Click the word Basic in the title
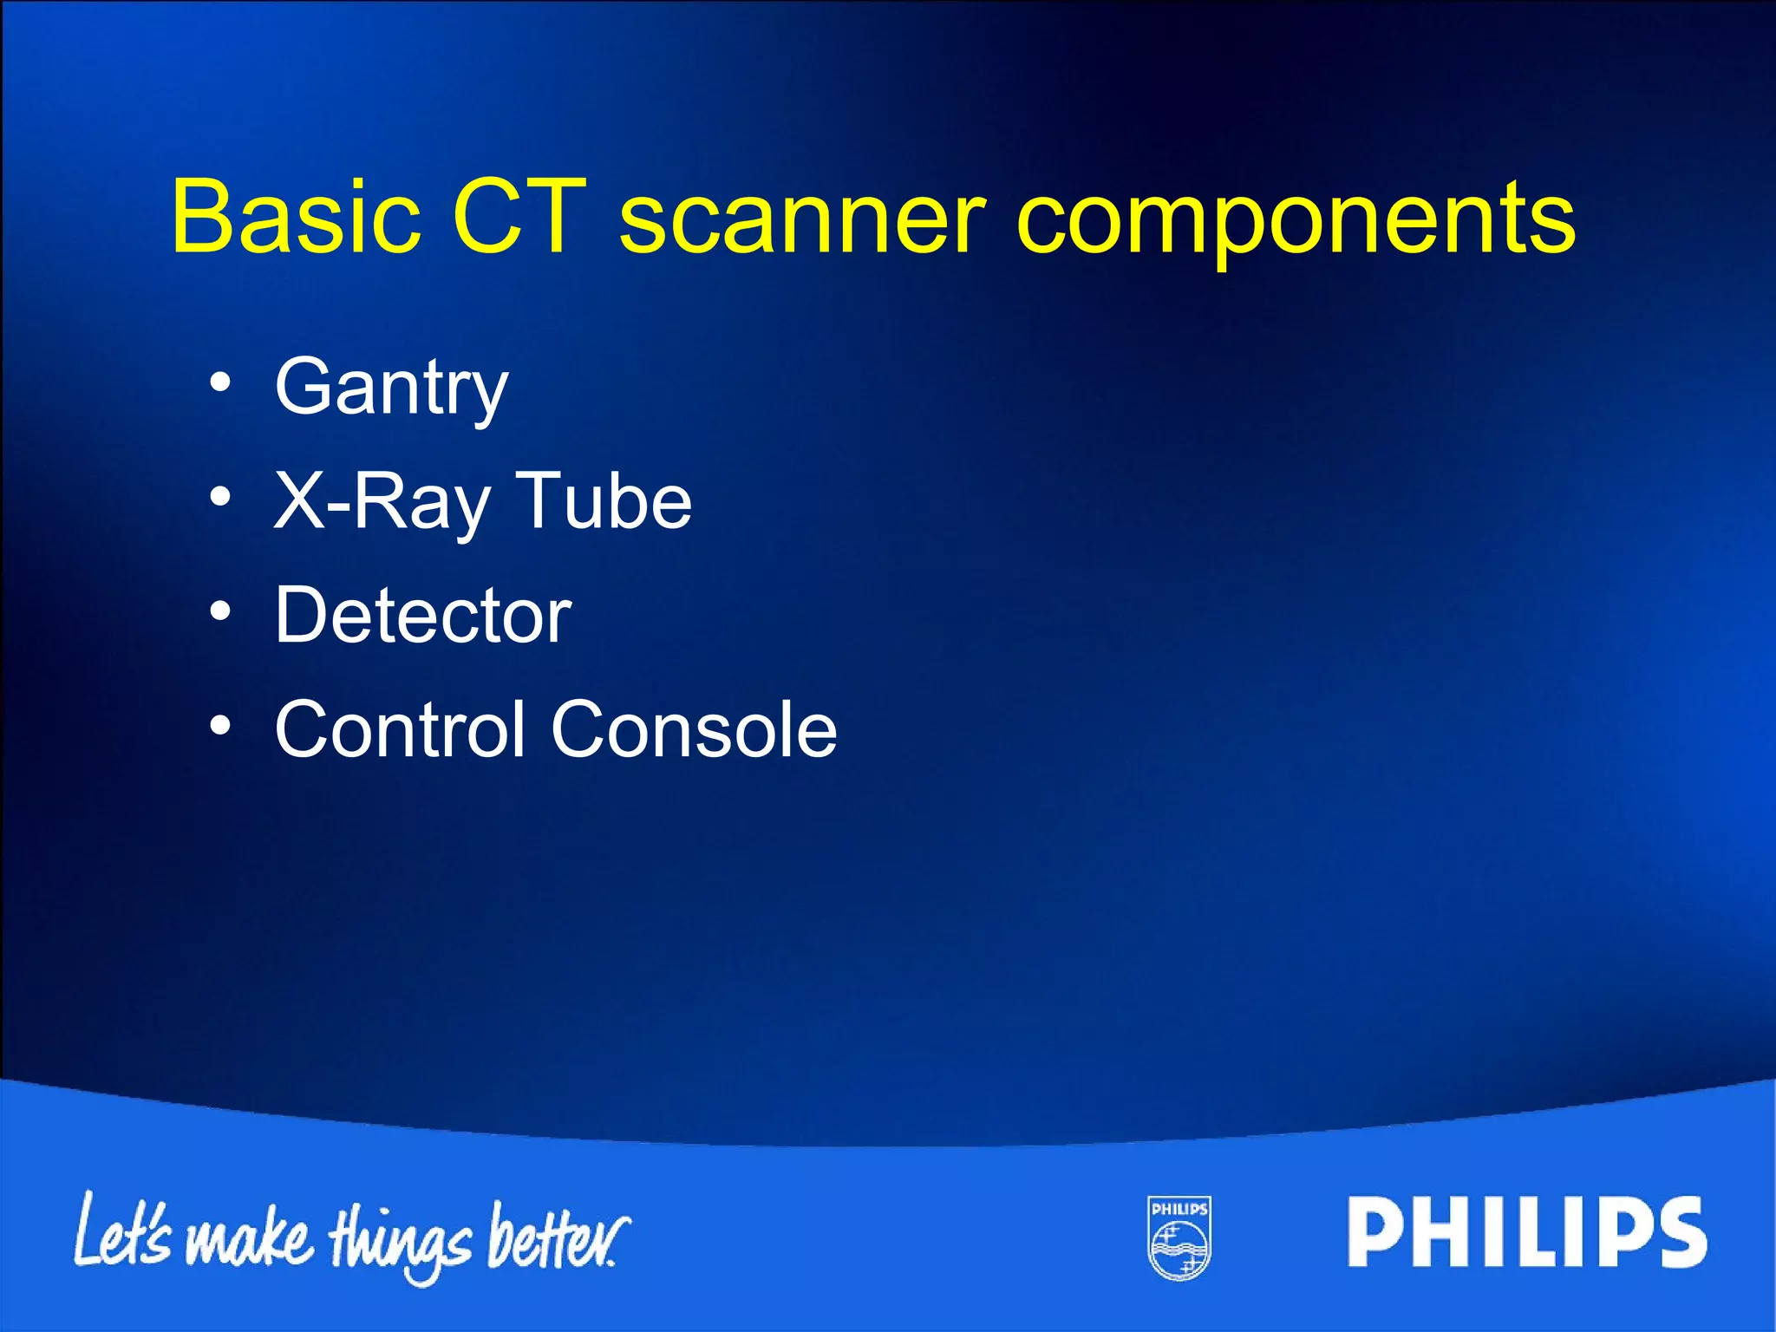[x=295, y=216]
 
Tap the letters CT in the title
[x=519, y=216]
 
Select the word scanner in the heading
[x=802, y=221]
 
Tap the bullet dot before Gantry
[x=220, y=382]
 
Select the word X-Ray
[x=382, y=503]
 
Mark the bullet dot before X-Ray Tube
[x=220, y=497]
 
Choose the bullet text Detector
[x=422, y=615]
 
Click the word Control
[x=400, y=729]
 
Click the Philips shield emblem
[x=1179, y=1237]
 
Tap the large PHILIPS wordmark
[x=1526, y=1232]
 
